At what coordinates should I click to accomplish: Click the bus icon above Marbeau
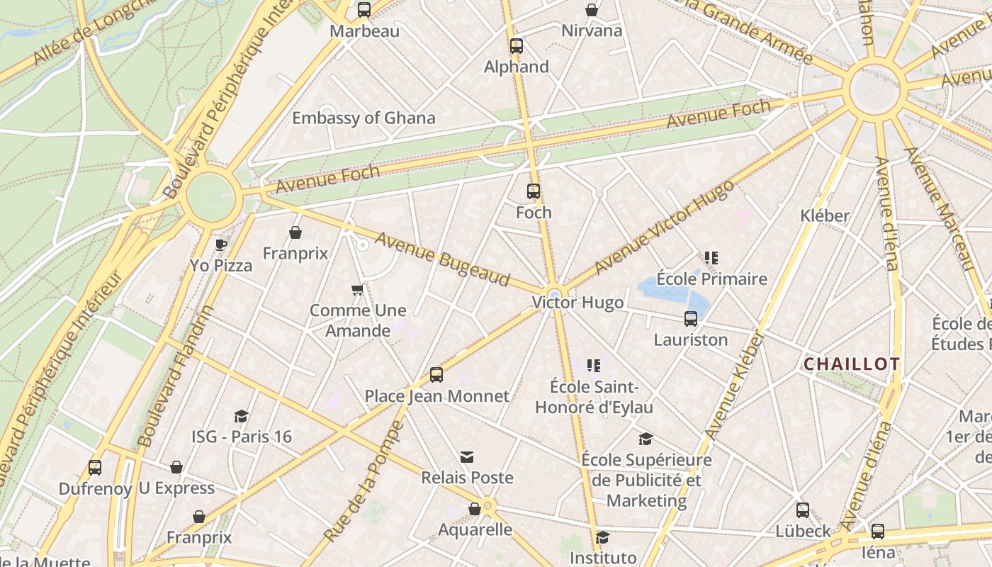(x=364, y=10)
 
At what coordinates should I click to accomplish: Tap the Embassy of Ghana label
(x=363, y=118)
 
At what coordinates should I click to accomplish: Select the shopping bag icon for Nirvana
(x=592, y=10)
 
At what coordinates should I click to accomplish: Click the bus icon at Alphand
(x=517, y=46)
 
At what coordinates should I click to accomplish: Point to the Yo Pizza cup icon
(x=221, y=245)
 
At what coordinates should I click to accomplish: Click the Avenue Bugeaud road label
(x=442, y=259)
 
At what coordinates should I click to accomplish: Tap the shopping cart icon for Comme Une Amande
(x=358, y=289)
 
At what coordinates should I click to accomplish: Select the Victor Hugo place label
(x=578, y=303)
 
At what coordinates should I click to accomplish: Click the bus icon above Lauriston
(x=691, y=319)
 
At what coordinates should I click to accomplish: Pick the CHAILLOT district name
(x=852, y=364)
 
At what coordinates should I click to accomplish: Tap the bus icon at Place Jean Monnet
(x=436, y=375)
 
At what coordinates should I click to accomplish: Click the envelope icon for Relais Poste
(x=467, y=457)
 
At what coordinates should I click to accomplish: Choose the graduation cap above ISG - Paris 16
(x=242, y=416)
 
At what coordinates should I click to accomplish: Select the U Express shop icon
(x=176, y=468)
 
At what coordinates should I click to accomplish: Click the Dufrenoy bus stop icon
(x=95, y=468)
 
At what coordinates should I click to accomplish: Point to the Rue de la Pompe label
(x=363, y=482)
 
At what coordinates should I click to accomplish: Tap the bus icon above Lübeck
(x=803, y=510)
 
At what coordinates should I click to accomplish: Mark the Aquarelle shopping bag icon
(x=475, y=509)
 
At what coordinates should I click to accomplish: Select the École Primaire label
(x=711, y=279)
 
